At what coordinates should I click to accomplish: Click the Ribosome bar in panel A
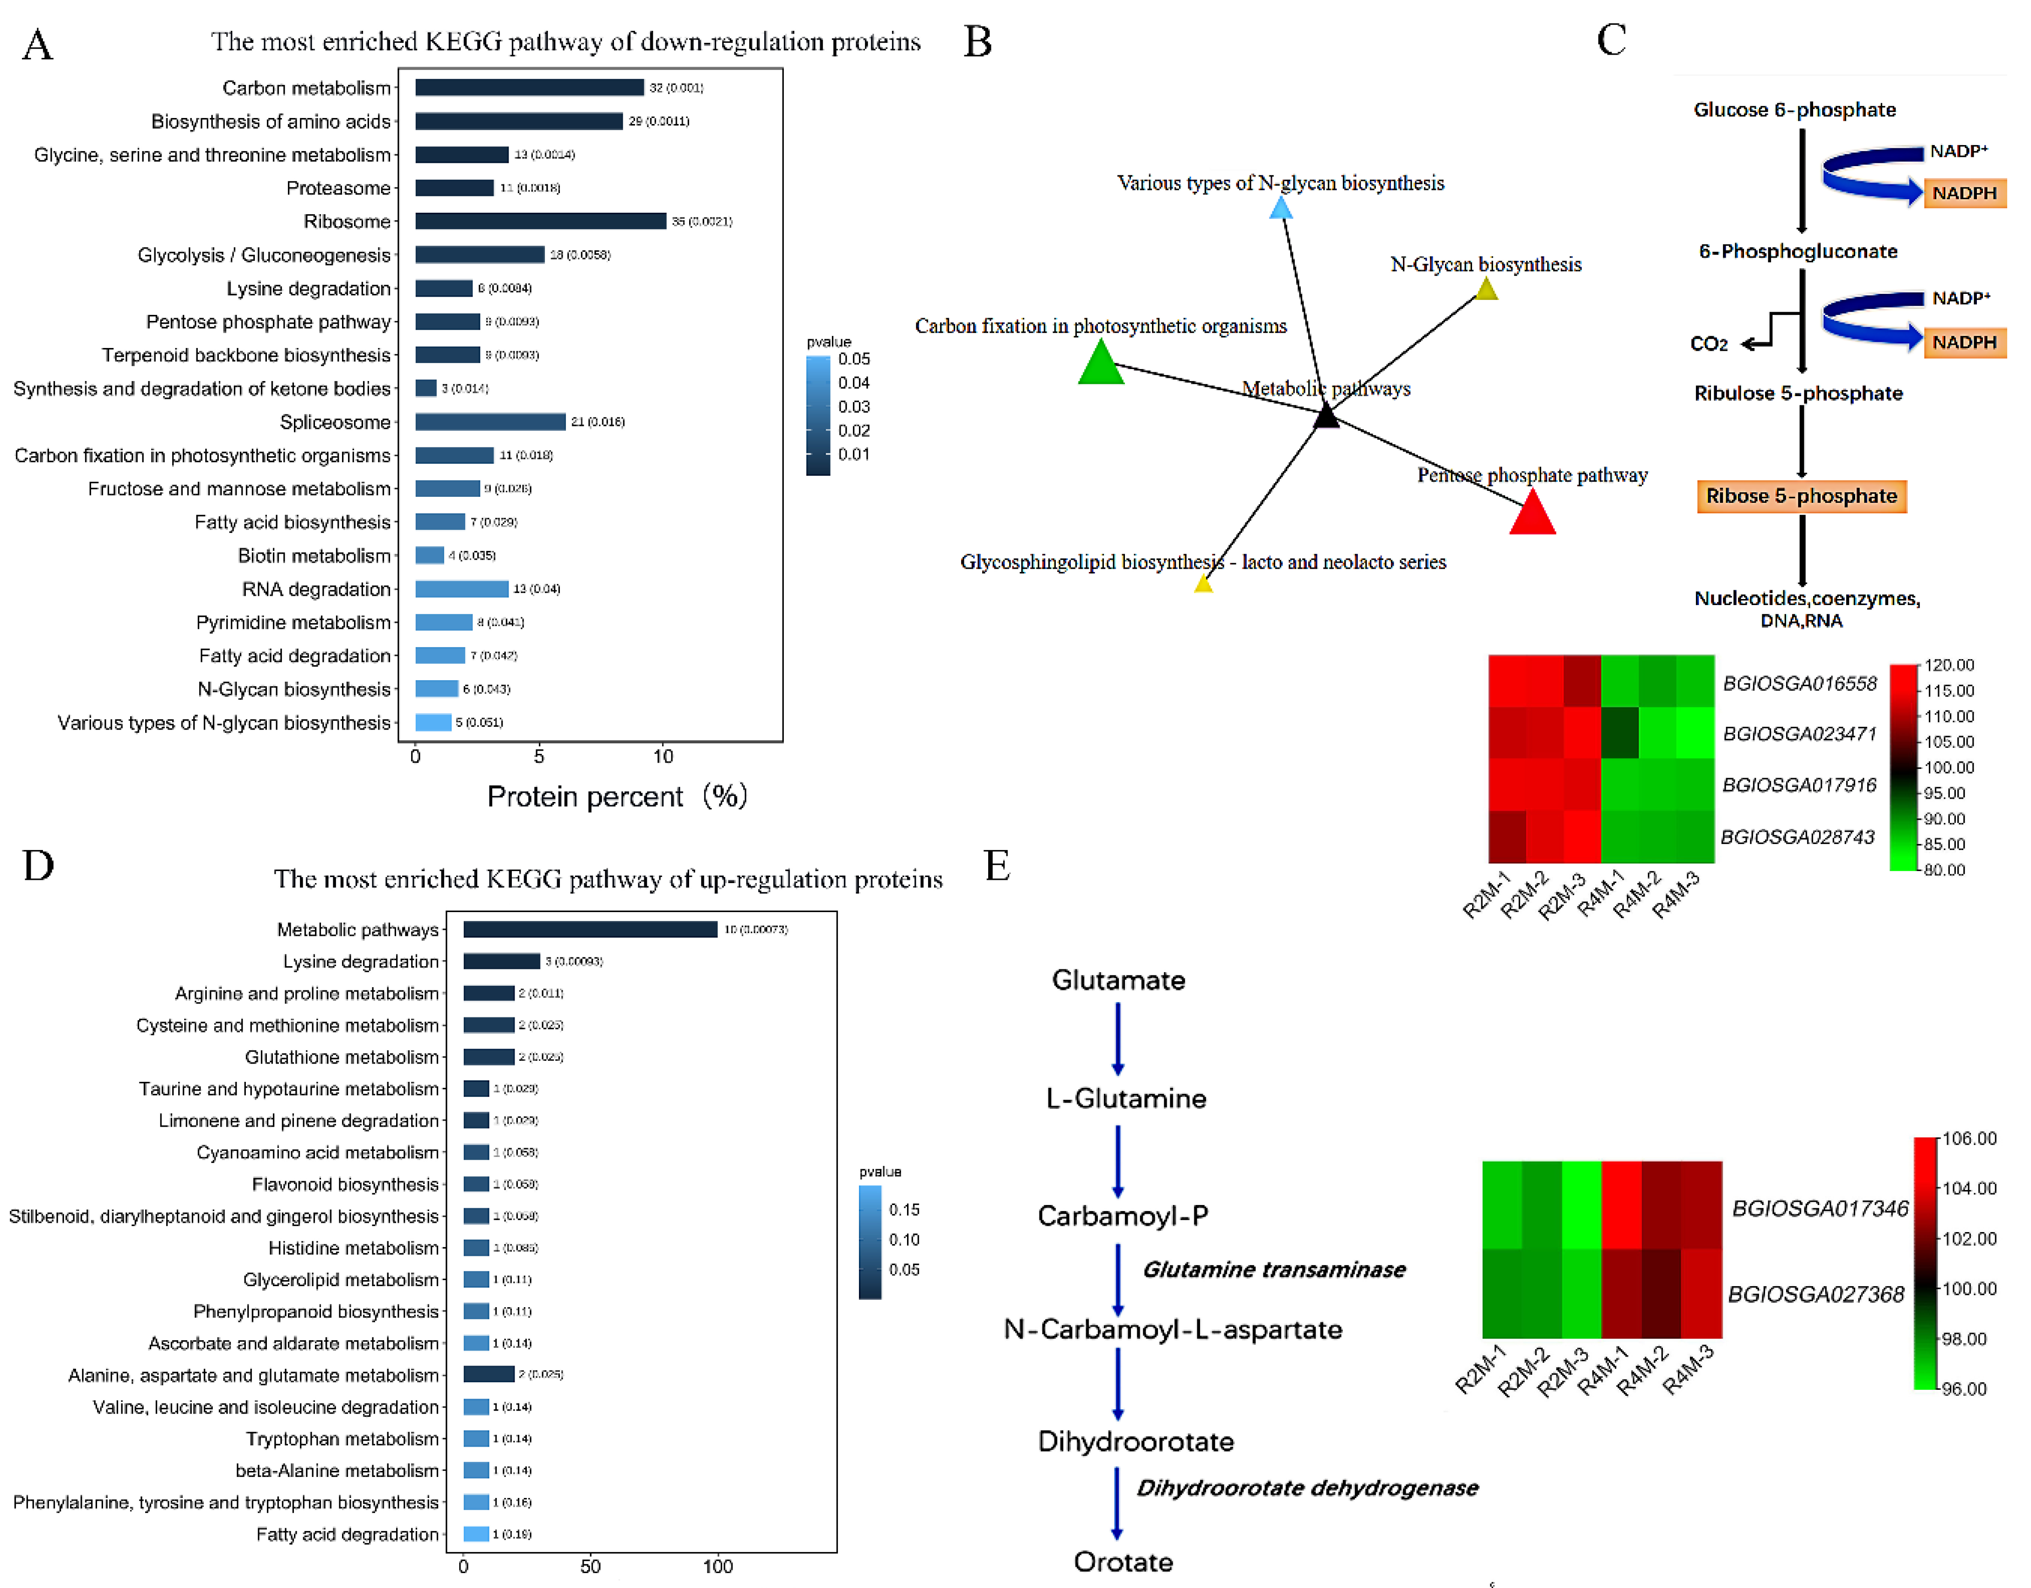pyautogui.click(x=540, y=221)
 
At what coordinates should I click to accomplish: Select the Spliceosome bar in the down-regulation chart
pyautogui.click(x=490, y=422)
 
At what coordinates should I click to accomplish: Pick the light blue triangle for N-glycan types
pyautogui.click(x=1281, y=208)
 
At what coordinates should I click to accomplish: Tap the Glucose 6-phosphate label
pyautogui.click(x=1794, y=110)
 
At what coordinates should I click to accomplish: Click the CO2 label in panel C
pyautogui.click(x=1708, y=344)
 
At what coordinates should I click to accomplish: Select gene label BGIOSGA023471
pyautogui.click(x=1800, y=733)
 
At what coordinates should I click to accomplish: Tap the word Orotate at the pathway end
pyautogui.click(x=1123, y=1562)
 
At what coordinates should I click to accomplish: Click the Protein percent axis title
pyautogui.click(x=616, y=797)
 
